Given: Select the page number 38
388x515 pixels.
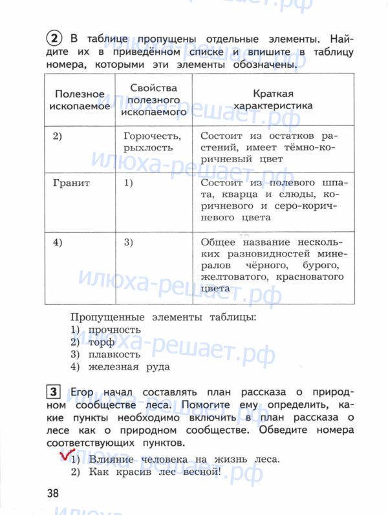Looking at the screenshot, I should (x=52, y=493).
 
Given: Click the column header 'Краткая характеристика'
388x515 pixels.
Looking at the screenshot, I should (x=274, y=99).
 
